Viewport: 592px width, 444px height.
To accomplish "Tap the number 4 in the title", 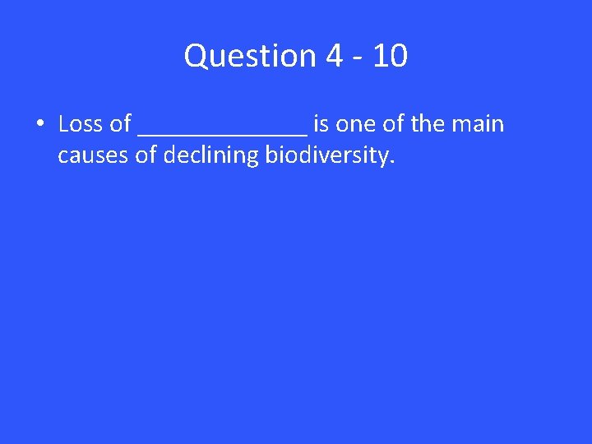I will click(x=334, y=57).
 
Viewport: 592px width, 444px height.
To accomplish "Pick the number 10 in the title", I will click(x=388, y=57).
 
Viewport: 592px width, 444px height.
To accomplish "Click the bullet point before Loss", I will click(x=39, y=125).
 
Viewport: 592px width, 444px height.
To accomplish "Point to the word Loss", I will click(x=80, y=124).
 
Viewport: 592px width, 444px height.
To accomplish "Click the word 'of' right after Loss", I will click(x=120, y=124).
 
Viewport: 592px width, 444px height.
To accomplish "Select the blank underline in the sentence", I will click(x=223, y=132).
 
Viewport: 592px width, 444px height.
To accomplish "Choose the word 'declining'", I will click(x=210, y=155).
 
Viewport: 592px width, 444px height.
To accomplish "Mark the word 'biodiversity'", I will click(x=326, y=155).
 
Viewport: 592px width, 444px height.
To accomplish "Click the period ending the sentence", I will click(x=392, y=161).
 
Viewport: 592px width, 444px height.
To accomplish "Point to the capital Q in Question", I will click(x=195, y=57).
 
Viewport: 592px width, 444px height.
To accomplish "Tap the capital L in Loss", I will click(x=63, y=124).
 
